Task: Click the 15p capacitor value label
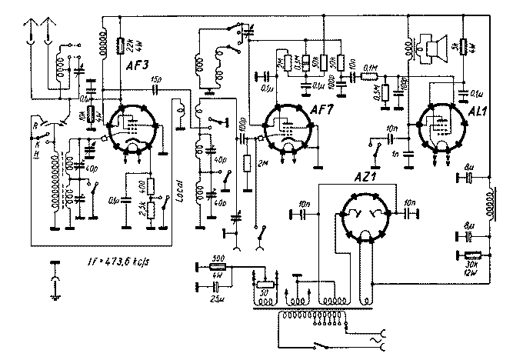pyautogui.click(x=156, y=79)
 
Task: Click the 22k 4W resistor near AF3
pyautogui.click(x=122, y=44)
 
